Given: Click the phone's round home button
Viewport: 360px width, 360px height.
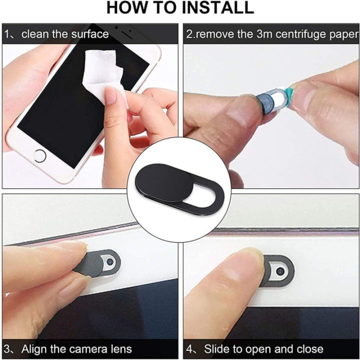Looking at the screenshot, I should click(39, 155).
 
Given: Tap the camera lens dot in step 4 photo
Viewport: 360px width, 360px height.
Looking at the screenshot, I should click(280, 270).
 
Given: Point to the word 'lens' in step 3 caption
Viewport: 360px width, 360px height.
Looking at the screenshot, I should click(120, 349).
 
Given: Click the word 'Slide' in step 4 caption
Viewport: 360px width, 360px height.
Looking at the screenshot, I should click(217, 349).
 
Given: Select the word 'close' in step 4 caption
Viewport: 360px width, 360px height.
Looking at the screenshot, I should click(309, 349).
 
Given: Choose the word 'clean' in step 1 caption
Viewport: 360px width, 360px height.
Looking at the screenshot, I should click(36, 34).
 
